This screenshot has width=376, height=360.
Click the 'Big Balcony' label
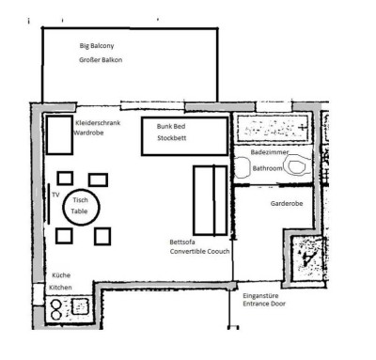pyautogui.click(x=97, y=46)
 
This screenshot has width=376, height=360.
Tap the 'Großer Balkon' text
pyautogui.click(x=101, y=60)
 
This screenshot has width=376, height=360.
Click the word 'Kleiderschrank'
pyautogui.click(x=98, y=123)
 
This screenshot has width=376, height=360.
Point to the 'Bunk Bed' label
pyautogui.click(x=171, y=126)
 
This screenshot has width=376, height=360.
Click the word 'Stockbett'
pyautogui.click(x=172, y=138)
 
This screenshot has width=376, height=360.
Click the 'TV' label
pyautogui.click(x=55, y=195)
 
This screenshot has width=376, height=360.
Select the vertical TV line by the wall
pyautogui.click(x=49, y=204)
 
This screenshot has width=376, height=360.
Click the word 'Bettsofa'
pyautogui.click(x=182, y=242)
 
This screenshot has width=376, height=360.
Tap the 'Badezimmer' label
pyautogui.click(x=270, y=152)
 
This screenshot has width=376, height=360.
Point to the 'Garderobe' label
pyautogui.click(x=287, y=203)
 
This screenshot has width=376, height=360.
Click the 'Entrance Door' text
pyautogui.click(x=264, y=304)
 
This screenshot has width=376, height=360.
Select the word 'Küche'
pyautogui.click(x=61, y=275)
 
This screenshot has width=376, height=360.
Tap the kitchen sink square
pyautogui.click(x=81, y=306)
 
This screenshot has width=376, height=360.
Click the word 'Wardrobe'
pyautogui.click(x=88, y=133)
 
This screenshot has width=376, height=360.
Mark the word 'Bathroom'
pyautogui.click(x=267, y=168)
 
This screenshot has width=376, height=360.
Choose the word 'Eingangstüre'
pyautogui.click(x=260, y=296)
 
